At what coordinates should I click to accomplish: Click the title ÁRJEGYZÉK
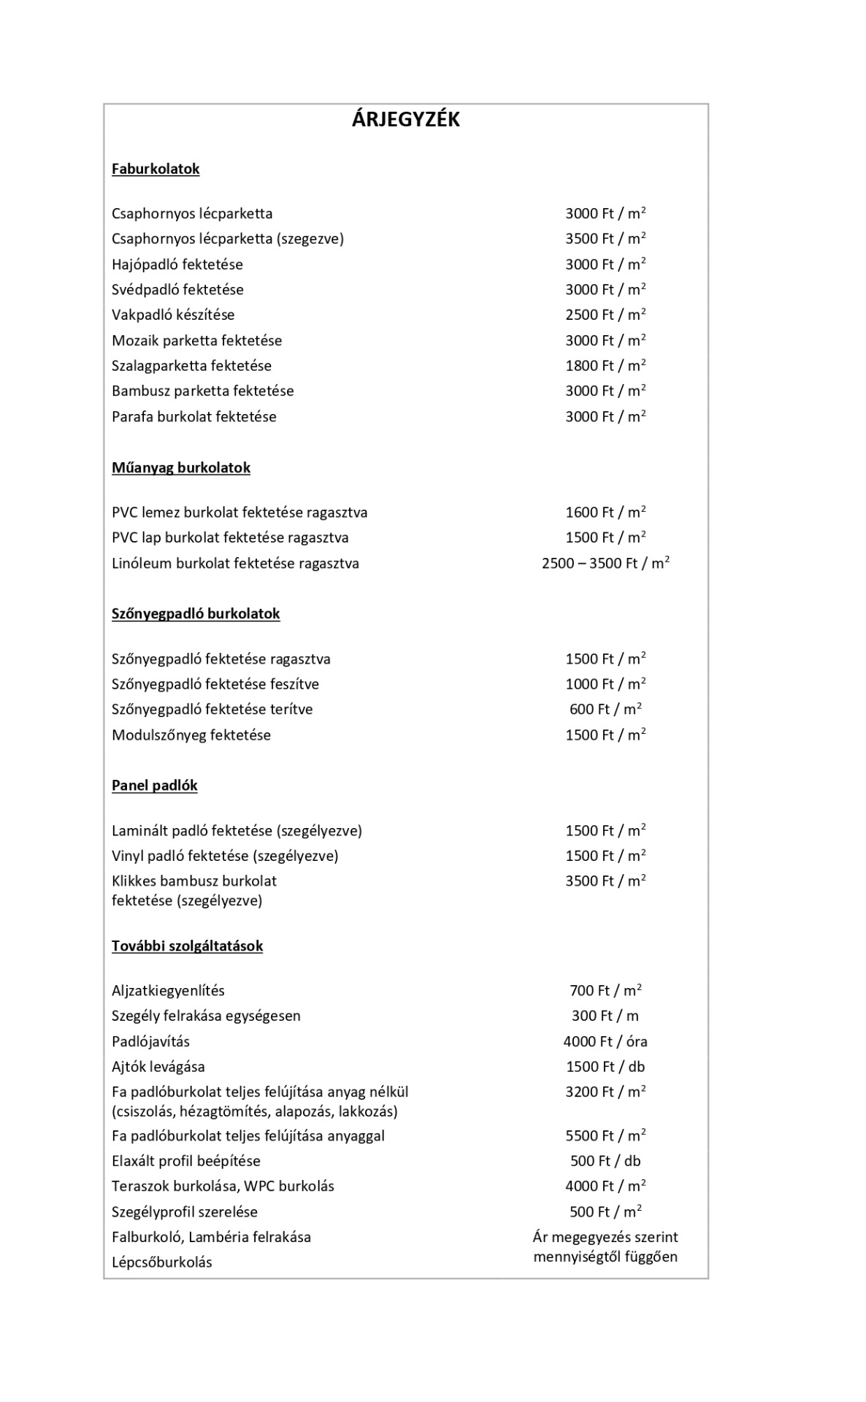pos(405,119)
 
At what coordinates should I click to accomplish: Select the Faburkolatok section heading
pos(156,169)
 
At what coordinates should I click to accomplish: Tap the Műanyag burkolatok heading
pos(181,467)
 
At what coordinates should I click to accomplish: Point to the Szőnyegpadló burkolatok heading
pos(196,613)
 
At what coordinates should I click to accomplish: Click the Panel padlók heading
pos(155,785)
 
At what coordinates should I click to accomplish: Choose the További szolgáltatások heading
pos(187,946)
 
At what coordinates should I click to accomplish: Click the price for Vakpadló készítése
pos(605,315)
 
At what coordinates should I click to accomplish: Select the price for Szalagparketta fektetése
pos(605,365)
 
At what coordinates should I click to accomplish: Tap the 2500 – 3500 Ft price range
pos(605,563)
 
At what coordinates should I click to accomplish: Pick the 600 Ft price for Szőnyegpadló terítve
pos(605,709)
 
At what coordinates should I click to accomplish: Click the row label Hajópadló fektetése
pos(177,264)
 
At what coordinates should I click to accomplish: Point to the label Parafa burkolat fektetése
pos(194,416)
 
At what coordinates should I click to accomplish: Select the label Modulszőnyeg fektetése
pos(191,735)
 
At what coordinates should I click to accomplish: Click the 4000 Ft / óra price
pos(605,1041)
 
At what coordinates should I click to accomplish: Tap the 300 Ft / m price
pos(605,1016)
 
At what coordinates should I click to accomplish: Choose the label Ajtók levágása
pos(158,1067)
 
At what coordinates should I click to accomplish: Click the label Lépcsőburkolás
pos(162,1263)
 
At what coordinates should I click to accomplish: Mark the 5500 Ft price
pos(605,1135)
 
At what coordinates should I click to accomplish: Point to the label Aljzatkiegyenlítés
pos(168,991)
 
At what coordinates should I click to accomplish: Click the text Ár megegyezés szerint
pos(605,1237)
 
